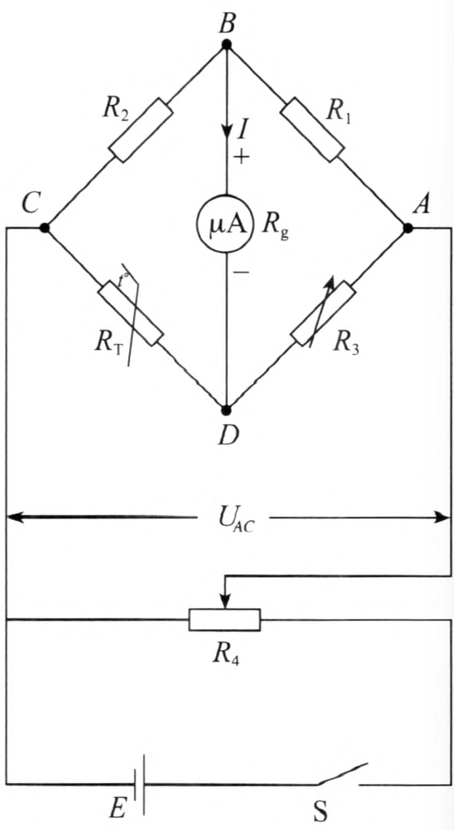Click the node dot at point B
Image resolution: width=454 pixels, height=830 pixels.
tap(227, 44)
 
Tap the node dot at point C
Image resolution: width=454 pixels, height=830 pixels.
tap(45, 227)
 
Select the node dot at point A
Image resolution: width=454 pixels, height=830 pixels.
tap(408, 227)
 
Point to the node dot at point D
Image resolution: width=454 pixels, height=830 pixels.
tap(227, 409)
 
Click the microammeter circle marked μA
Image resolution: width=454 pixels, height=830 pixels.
tap(227, 225)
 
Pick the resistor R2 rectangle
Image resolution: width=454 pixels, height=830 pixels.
tap(140, 129)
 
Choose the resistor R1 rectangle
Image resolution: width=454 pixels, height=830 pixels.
tap(312, 129)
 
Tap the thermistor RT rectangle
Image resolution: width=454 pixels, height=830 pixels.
tap(131, 314)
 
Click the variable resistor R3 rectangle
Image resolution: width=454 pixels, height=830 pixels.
tap(323, 313)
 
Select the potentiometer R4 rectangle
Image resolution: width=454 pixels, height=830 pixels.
tap(224, 620)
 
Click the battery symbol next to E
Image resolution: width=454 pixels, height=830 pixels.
tap(139, 783)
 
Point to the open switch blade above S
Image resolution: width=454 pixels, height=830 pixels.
tap(343, 774)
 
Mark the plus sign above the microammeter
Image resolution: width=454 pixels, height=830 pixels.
tap(241, 157)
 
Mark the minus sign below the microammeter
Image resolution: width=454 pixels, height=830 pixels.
tap(241, 272)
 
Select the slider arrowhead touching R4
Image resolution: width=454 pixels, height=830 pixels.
tap(225, 601)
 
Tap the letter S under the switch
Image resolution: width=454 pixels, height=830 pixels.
tap(321, 811)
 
